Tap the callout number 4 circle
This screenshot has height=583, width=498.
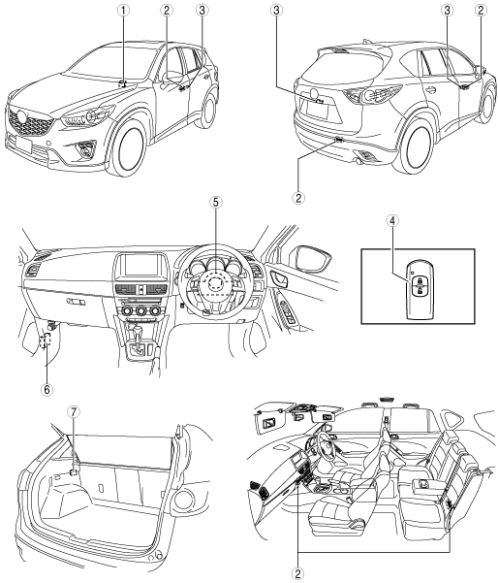(392, 220)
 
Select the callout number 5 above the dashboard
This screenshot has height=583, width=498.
(216, 202)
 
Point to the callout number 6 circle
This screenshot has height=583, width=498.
(47, 389)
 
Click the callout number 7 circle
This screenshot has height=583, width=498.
(74, 411)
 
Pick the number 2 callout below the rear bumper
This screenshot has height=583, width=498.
(298, 197)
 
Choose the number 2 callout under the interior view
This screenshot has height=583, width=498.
(297, 573)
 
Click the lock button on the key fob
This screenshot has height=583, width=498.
(419, 280)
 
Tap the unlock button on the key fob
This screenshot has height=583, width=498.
(419, 291)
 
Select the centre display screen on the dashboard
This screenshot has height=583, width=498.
(141, 265)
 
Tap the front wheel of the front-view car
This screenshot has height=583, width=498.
(129, 146)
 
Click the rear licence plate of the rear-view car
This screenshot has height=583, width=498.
(317, 111)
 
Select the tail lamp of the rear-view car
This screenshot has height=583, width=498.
(372, 95)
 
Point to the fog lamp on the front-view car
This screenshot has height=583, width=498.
(87, 151)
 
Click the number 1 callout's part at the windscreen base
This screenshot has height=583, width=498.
(123, 83)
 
